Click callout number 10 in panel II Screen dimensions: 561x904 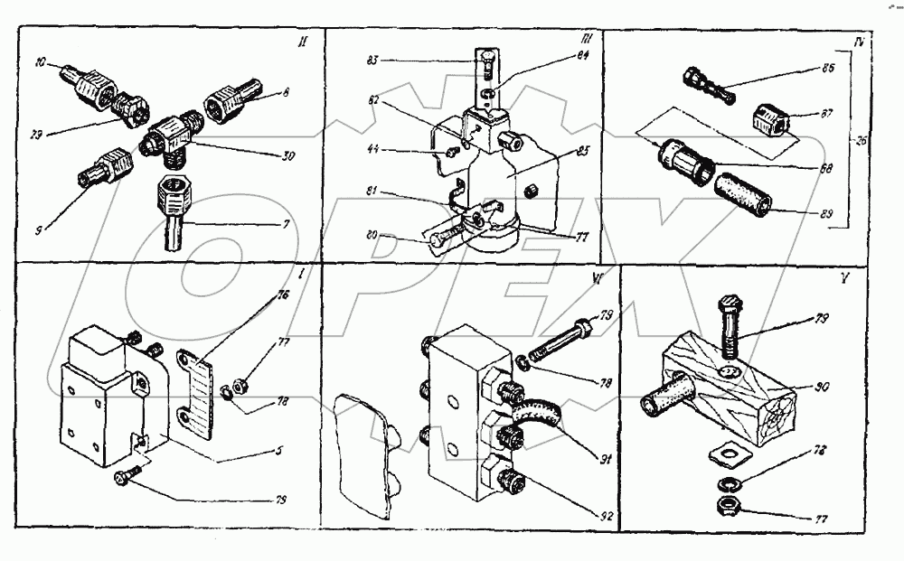tap(42, 63)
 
